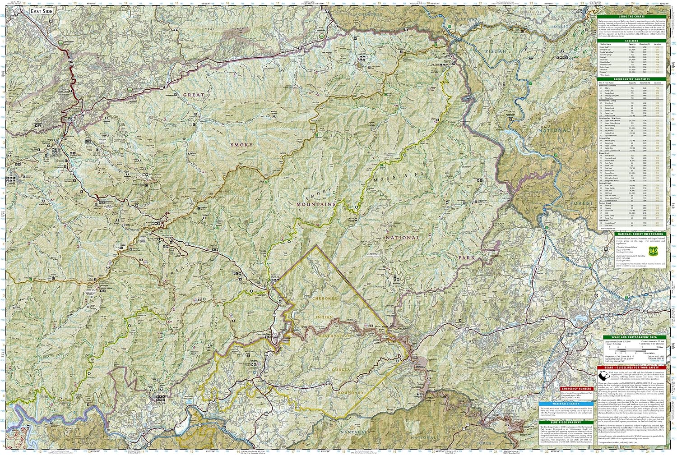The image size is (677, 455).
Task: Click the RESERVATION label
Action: click(x=334, y=336)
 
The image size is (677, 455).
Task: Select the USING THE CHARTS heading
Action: click(x=631, y=16)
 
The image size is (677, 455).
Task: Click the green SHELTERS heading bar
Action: click(x=631, y=41)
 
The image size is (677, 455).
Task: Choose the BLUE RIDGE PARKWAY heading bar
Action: click(x=559, y=423)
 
